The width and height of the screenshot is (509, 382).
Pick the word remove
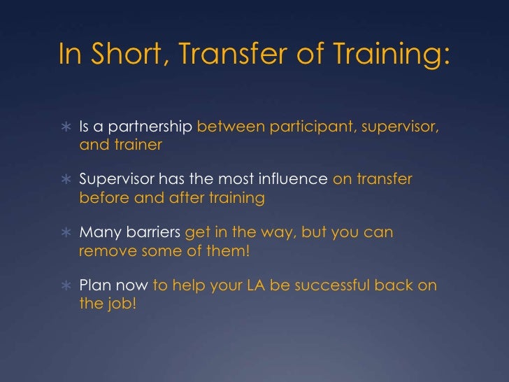click(x=104, y=250)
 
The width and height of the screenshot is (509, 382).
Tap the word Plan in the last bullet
click(x=94, y=285)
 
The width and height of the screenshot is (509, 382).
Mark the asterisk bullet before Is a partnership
click(x=65, y=128)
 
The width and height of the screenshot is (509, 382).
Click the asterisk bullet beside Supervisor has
click(x=65, y=181)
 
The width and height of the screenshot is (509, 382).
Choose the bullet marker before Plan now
click(x=65, y=285)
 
